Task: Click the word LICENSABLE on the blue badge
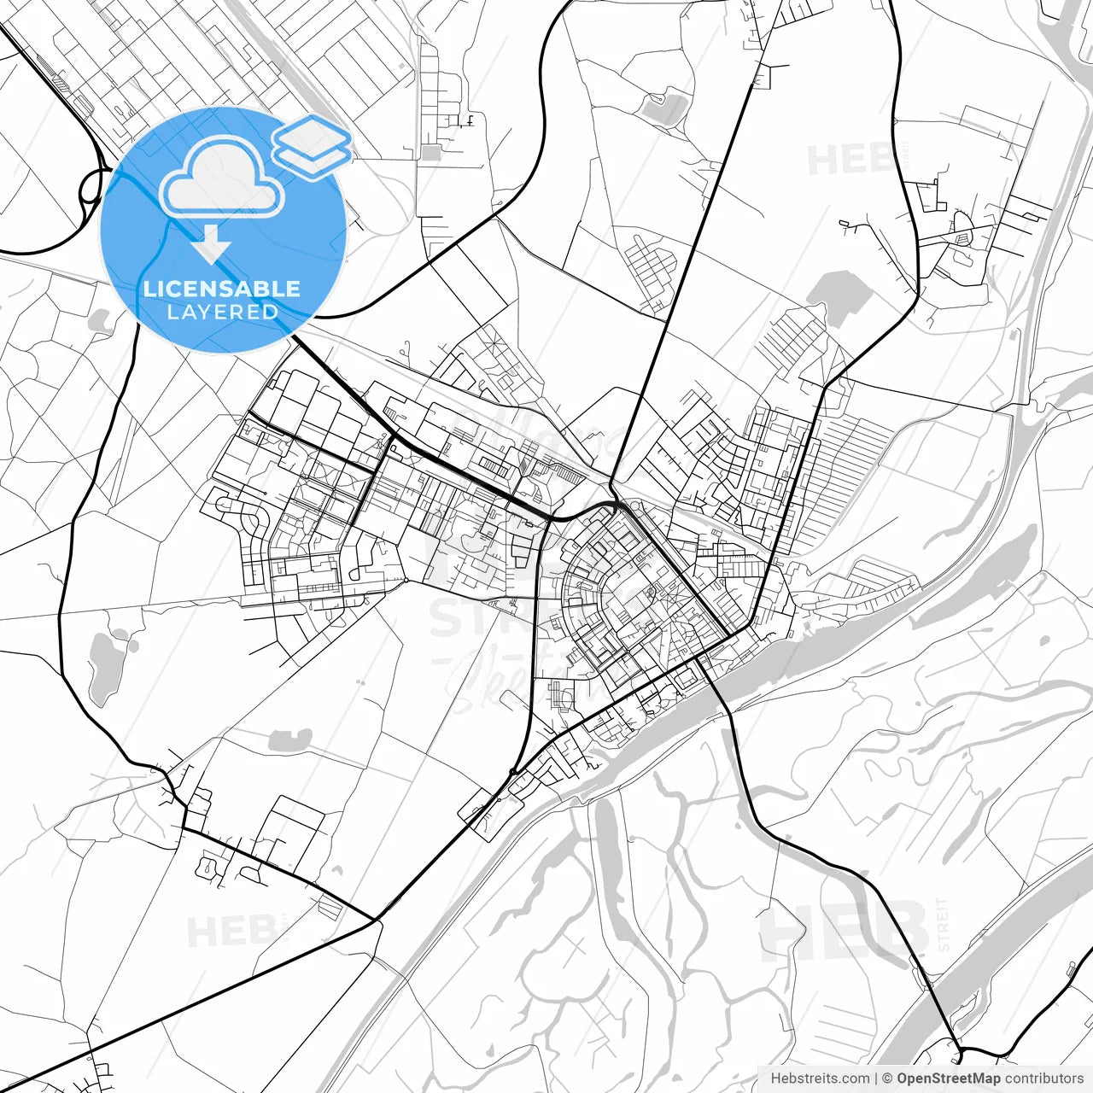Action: (222, 289)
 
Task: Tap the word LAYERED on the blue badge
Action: (222, 313)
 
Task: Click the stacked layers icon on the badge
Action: (312, 141)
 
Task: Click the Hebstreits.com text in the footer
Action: (820, 1078)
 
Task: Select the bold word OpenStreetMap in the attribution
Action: (948, 1078)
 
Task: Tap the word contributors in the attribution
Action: (1043, 1078)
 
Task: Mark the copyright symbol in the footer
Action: (886, 1078)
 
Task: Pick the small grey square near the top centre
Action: (431, 153)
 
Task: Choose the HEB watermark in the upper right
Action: (850, 160)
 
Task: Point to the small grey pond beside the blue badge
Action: (101, 321)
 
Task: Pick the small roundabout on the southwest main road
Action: (512, 772)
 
